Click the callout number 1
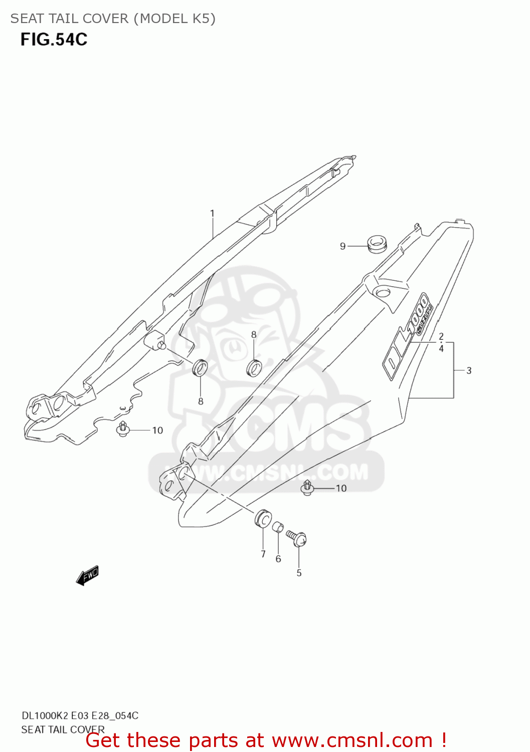212,214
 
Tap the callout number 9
342,246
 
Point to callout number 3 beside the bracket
469,370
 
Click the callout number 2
441,336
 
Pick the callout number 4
441,348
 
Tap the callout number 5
299,573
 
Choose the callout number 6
278,559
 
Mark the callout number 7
263,554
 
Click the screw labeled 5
297,538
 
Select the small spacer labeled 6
278,527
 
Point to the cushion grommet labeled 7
263,518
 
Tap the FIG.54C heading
54,40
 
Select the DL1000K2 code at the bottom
45,715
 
